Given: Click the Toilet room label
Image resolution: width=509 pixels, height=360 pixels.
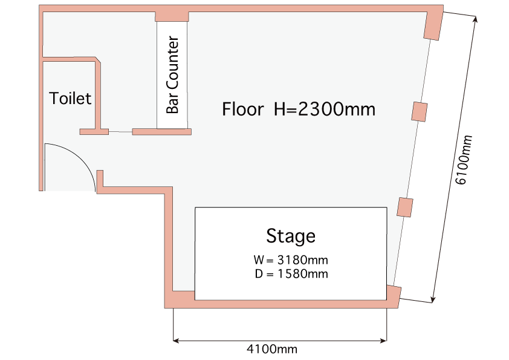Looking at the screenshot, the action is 70,98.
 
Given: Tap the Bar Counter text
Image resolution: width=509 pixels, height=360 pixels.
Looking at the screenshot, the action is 172,75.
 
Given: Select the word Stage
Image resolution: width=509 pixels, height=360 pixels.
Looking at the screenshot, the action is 291,236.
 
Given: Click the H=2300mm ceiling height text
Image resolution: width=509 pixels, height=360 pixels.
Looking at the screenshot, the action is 325,109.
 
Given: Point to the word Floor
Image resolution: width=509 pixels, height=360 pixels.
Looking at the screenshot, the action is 242,109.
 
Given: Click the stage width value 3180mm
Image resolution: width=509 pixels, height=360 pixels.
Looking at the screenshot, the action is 302,260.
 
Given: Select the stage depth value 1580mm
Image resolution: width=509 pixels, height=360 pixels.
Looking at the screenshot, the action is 302,274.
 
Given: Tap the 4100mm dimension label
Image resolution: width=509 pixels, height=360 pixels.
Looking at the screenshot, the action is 272,349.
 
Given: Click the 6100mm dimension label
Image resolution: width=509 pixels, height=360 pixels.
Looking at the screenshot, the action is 464,160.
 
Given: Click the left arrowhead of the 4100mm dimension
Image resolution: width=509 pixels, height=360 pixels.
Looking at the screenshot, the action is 176,341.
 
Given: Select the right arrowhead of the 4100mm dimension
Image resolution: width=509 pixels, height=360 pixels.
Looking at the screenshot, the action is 384,341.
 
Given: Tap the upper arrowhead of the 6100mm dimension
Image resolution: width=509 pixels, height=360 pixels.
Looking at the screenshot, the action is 475,19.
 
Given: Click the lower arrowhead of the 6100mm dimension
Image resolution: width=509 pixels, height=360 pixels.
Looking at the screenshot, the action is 433,299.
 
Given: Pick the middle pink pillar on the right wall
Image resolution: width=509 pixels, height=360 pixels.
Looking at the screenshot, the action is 420,112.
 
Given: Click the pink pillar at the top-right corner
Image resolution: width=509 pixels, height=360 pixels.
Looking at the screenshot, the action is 433,24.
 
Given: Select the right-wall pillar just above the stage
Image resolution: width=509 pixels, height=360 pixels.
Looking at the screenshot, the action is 405,208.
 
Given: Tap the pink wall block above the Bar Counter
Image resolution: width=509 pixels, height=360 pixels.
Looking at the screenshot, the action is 172,16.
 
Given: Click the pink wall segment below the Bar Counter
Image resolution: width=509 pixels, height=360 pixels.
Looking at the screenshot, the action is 161,131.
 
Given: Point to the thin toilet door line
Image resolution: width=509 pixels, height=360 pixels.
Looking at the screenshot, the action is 120,132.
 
